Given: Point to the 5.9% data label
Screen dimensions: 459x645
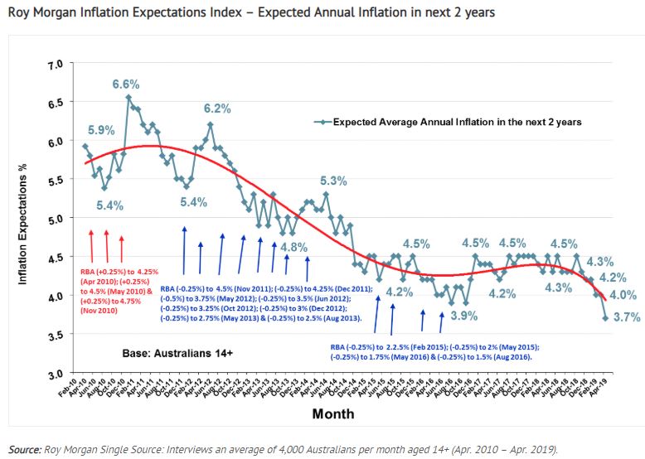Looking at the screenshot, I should [x=101, y=130].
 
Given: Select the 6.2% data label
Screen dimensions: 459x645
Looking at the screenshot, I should [x=216, y=109].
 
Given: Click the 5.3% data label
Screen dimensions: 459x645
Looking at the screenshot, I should [x=332, y=181].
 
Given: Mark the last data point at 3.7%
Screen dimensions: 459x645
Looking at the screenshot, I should [x=605, y=318].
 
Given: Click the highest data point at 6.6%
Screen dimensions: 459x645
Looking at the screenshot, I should [x=129, y=97].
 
